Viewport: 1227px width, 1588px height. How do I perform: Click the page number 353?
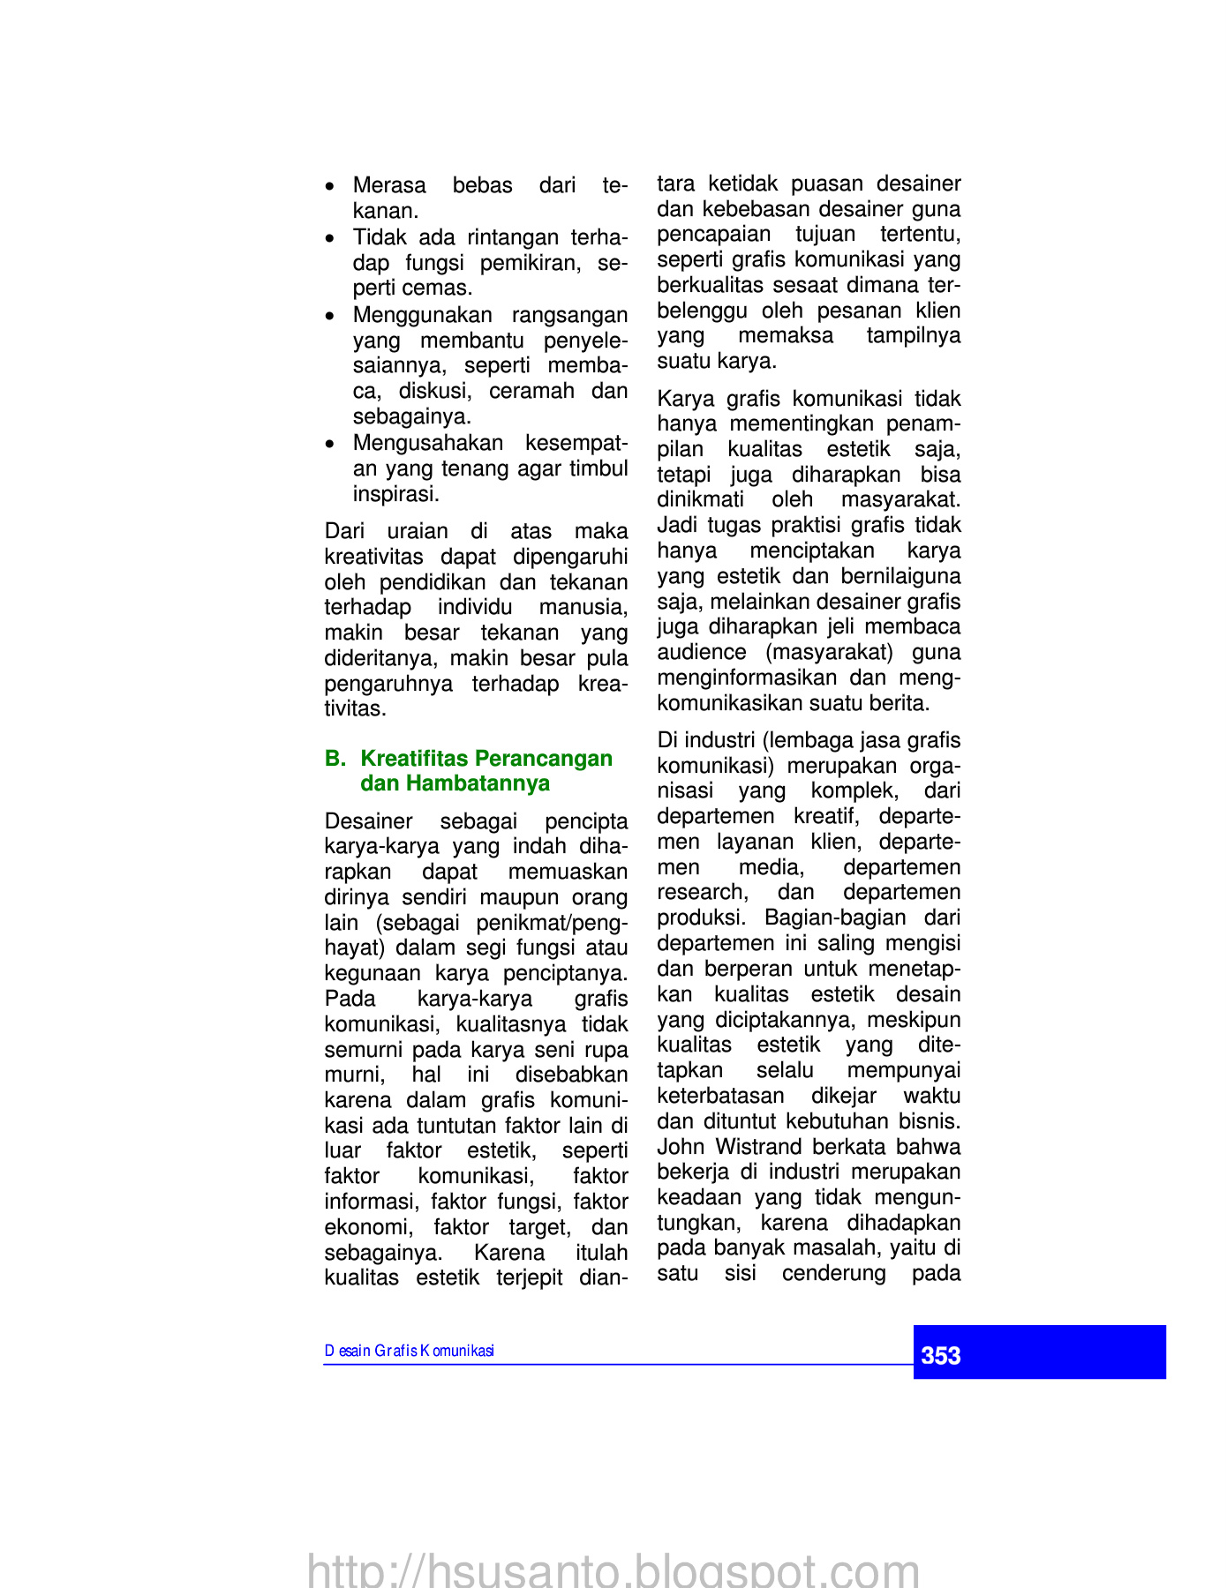click(x=940, y=1355)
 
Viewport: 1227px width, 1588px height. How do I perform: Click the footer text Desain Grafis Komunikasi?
click(x=409, y=1351)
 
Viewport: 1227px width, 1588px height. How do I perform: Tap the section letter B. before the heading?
click(x=335, y=759)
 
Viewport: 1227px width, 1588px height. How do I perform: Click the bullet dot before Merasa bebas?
click(x=329, y=187)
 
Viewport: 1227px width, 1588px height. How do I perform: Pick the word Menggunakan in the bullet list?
click(x=422, y=315)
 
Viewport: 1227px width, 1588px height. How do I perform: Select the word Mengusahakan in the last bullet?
click(x=427, y=443)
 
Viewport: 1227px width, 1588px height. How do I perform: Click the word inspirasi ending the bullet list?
click(x=395, y=494)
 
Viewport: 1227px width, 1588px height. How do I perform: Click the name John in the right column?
click(x=681, y=1147)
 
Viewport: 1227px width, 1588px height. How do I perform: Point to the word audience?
click(x=702, y=652)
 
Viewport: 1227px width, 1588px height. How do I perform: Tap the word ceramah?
click(x=531, y=391)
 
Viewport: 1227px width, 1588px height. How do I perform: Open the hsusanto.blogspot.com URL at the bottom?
click(x=613, y=1570)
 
